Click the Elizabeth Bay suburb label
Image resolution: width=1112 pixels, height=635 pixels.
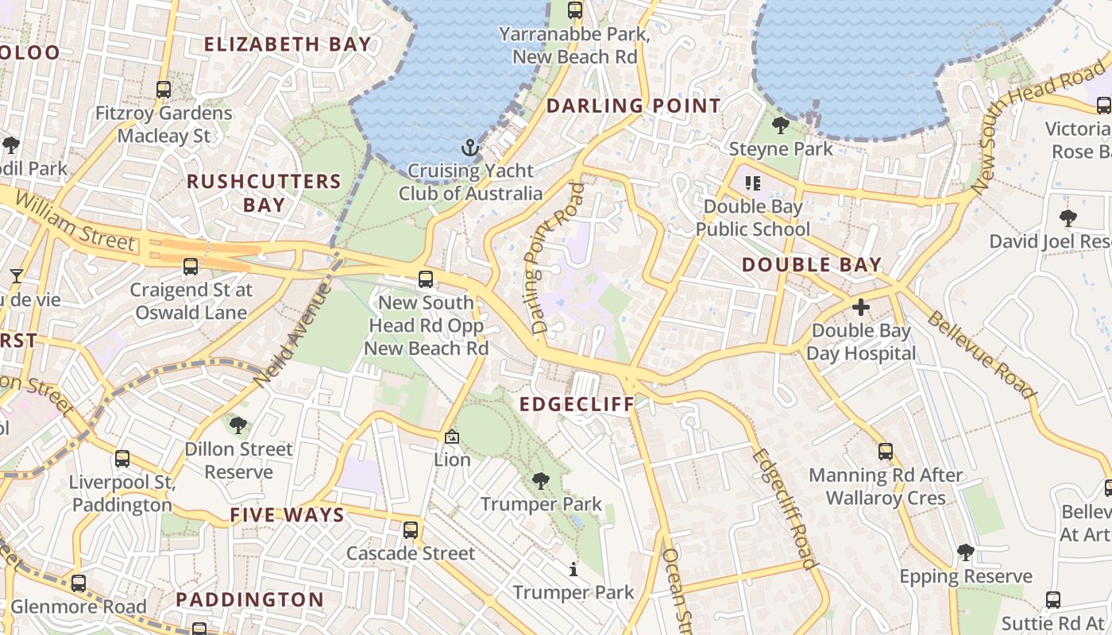pos(288,44)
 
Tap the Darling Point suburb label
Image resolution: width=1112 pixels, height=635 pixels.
pos(634,106)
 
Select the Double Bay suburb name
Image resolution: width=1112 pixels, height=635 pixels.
pos(812,265)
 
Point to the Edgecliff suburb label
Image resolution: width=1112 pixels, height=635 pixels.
pos(577,404)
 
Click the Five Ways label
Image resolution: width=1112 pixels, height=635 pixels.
pos(288,515)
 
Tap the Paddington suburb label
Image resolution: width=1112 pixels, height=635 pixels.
pos(250,599)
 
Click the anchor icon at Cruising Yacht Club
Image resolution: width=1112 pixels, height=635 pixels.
pos(471,148)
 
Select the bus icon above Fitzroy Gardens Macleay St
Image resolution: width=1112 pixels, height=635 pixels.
pos(164,90)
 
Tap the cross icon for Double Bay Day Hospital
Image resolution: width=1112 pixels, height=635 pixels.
pos(861,307)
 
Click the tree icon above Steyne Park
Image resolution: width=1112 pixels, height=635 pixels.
pos(781,125)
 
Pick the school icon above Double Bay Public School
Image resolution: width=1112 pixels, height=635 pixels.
pos(752,183)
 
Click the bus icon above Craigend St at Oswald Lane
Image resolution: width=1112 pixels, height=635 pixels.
pos(191,267)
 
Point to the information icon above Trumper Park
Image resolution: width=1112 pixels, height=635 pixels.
pos(573,569)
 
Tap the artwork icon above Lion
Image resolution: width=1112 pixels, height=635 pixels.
pos(452,437)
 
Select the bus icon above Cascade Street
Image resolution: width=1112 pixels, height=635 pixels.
pos(411,529)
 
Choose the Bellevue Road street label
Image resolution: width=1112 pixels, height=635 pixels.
pos(982,355)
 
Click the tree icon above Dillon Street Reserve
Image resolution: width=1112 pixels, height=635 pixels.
pos(238,425)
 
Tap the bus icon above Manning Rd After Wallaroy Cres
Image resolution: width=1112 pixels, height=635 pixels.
pos(886,452)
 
